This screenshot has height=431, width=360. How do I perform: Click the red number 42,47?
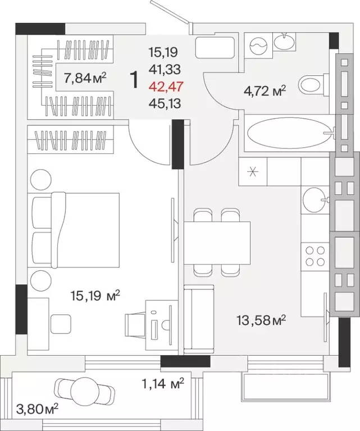(x=166, y=87)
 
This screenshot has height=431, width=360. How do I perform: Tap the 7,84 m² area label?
(x=85, y=78)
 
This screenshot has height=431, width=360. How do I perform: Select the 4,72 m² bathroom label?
(x=265, y=90)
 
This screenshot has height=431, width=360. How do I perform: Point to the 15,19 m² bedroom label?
(x=95, y=296)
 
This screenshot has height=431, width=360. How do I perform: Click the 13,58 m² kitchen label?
(x=261, y=320)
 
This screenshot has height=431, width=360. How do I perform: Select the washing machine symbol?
(x=258, y=46)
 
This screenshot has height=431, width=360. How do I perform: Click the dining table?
(x=217, y=243)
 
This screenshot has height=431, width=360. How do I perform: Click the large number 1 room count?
(x=134, y=80)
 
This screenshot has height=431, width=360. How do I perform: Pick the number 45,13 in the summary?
(x=165, y=103)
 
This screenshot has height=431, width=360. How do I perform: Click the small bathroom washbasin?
(x=284, y=41)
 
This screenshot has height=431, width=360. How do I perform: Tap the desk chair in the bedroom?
(x=135, y=324)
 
